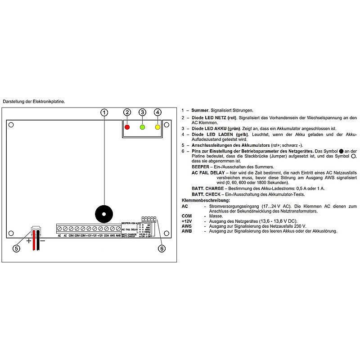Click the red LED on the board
click(127, 127)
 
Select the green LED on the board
click(142, 127)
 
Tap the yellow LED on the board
click(157, 127)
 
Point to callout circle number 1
click(104, 112)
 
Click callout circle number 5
click(17, 248)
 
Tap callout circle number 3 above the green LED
click(142, 112)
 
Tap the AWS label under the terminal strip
click(112, 235)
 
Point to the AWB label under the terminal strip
click(118, 235)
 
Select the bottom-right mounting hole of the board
click(166, 233)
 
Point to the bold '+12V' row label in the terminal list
click(186, 221)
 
